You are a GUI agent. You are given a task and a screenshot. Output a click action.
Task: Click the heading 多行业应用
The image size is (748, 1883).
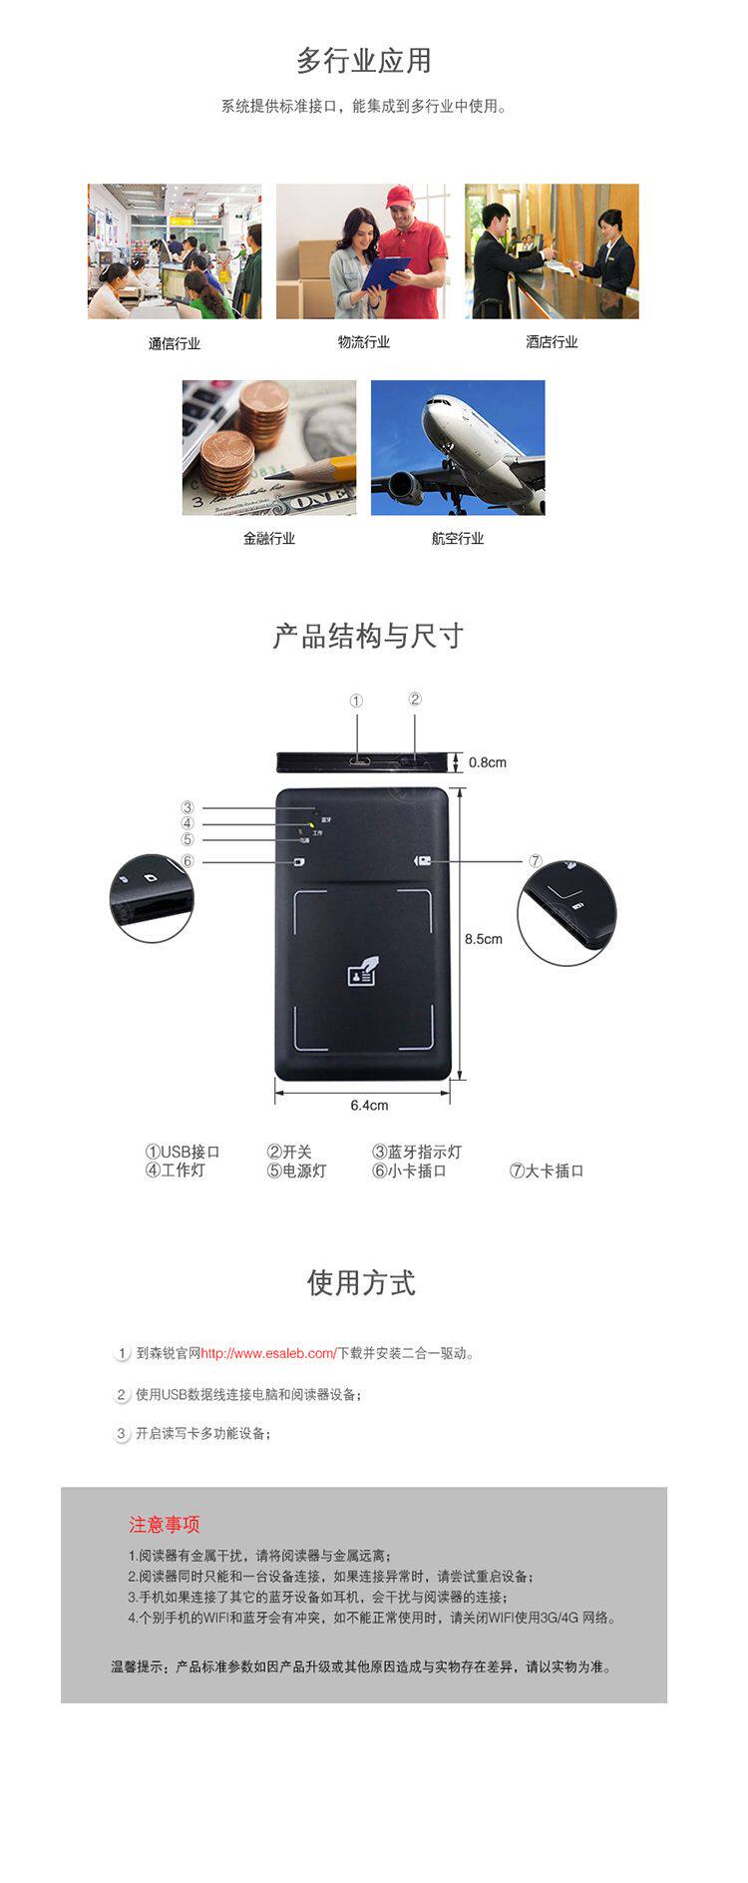[x=364, y=61]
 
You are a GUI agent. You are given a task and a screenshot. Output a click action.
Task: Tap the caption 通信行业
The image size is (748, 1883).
[x=175, y=343]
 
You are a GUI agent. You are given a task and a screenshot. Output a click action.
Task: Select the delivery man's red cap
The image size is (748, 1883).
[x=399, y=196]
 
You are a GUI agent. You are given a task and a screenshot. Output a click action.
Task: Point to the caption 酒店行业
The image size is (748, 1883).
[x=552, y=342]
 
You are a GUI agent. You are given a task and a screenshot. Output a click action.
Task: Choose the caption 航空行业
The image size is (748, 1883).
[x=458, y=539]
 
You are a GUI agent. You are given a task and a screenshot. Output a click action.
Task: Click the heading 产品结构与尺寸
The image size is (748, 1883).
[x=368, y=636]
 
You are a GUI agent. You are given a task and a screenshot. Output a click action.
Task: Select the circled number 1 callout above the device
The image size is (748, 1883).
[x=356, y=702]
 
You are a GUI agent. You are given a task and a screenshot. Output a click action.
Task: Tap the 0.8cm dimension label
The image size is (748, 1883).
[x=488, y=762]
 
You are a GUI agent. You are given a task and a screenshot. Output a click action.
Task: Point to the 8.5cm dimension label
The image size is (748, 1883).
[x=484, y=939]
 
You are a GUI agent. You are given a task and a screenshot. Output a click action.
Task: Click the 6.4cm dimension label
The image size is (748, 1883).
[x=369, y=1106]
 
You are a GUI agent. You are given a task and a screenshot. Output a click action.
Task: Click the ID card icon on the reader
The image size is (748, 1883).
[x=361, y=973]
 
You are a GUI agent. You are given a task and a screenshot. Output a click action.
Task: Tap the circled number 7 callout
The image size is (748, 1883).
[x=535, y=861]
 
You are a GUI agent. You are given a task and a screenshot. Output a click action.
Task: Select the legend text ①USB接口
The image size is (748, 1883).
[x=183, y=1152]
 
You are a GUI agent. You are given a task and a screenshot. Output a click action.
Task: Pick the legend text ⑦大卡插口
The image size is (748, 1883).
[x=547, y=1171]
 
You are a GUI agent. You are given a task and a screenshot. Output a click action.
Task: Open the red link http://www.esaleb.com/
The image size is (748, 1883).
[x=268, y=1354]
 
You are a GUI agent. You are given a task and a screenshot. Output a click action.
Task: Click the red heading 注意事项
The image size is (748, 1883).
[x=164, y=1525]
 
